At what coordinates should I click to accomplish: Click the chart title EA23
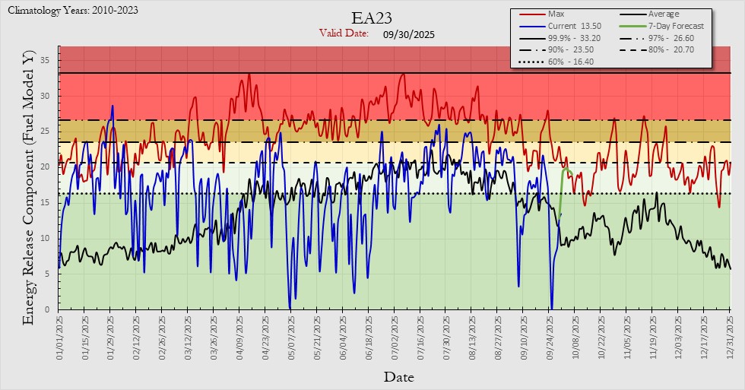(x=372, y=18)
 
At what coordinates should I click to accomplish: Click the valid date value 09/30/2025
(x=409, y=33)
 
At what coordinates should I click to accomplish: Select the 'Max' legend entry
(x=556, y=14)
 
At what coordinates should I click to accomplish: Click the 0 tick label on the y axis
(x=48, y=309)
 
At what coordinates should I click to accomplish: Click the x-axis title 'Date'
(x=398, y=376)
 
